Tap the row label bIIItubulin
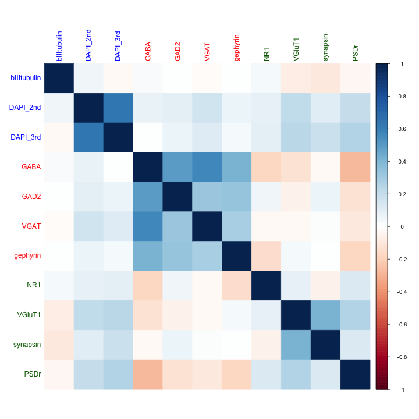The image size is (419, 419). click(x=25, y=77)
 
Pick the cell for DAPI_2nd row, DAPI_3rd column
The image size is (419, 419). click(x=118, y=107)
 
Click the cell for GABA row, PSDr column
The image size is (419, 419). click(x=356, y=166)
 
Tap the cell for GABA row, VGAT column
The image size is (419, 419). click(x=207, y=166)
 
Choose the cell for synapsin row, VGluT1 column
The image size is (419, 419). click(x=296, y=345)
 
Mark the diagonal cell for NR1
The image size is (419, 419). click(x=267, y=285)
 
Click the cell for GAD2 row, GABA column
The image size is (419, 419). click(x=148, y=196)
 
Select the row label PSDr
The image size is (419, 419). click(x=33, y=374)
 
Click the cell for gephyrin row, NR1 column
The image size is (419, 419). click(x=267, y=255)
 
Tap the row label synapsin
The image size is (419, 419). click(x=27, y=345)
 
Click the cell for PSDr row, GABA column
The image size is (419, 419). click(x=148, y=374)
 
